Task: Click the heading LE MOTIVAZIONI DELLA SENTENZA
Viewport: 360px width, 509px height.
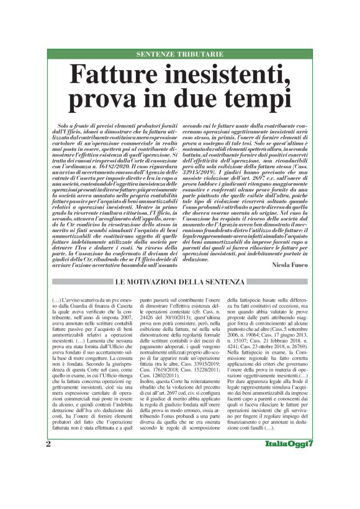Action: [179, 283]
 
